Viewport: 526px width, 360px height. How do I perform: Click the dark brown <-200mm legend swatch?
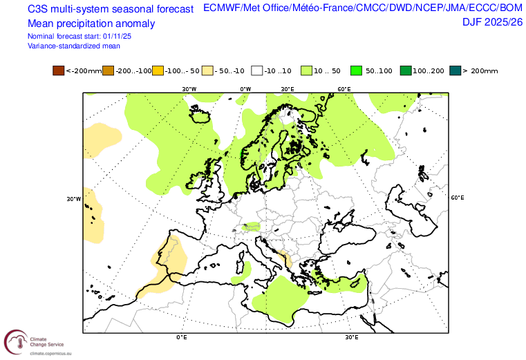[58, 70]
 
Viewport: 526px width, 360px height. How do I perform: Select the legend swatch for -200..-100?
[108, 70]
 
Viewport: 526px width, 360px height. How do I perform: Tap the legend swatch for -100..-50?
[158, 70]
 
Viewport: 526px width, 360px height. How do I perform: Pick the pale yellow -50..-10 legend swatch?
[207, 70]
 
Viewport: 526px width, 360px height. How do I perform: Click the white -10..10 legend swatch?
[257, 70]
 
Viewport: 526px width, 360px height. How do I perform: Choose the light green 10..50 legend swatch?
[307, 70]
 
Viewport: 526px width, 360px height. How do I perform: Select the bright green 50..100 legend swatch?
[357, 70]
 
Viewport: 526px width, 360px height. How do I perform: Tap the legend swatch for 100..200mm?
[406, 70]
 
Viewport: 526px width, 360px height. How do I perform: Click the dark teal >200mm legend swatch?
[455, 70]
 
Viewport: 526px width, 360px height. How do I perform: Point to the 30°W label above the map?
[189, 89]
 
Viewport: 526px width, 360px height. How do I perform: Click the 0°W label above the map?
[245, 89]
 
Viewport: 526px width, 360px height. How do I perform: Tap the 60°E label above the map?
[344, 89]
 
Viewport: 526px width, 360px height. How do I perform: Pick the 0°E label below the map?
[182, 337]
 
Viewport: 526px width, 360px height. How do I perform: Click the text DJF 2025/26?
[492, 22]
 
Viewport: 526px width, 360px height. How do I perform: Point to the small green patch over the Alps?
[252, 226]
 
